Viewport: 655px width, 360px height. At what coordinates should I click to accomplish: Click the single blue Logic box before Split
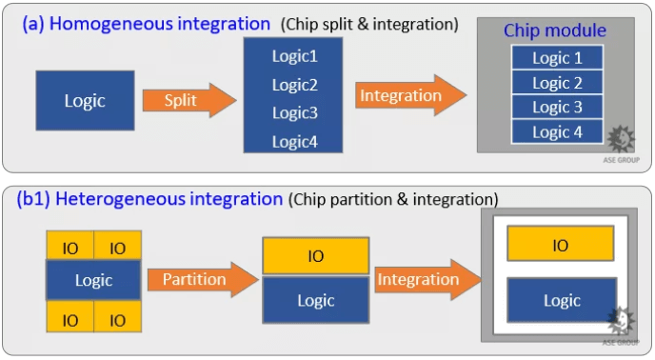(x=85, y=100)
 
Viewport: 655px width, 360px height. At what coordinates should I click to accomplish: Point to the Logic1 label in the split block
(x=294, y=56)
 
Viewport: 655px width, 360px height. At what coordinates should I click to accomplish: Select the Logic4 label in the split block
(x=294, y=142)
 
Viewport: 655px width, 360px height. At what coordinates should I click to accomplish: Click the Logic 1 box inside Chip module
(x=557, y=57)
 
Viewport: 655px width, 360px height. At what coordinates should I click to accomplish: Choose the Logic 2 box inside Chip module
(x=557, y=82)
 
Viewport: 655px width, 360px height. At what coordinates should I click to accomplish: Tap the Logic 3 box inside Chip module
(x=557, y=107)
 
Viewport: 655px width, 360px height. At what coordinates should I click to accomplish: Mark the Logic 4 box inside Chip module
(x=557, y=131)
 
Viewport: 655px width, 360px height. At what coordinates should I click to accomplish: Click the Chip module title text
(x=555, y=31)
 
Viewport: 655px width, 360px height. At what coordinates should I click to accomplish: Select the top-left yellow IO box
(x=70, y=248)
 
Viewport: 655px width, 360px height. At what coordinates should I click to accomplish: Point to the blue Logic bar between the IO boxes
(x=93, y=280)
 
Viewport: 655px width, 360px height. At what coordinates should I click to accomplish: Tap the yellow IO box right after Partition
(x=315, y=256)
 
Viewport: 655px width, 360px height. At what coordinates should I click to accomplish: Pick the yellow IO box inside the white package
(x=560, y=245)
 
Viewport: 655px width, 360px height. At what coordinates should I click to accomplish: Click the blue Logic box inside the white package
(x=561, y=300)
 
